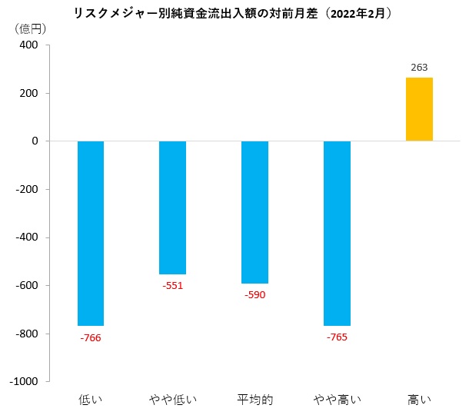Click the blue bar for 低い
(91, 233)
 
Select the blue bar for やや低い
(172, 207)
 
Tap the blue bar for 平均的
(254, 212)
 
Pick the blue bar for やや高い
(337, 233)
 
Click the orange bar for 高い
(419, 109)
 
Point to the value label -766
(91, 337)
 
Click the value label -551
(172, 286)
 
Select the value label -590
(254, 295)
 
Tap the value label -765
(337, 337)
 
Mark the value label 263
(419, 68)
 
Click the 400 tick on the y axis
(28, 45)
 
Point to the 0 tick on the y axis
(35, 141)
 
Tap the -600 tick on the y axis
(26, 286)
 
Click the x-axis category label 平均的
(254, 400)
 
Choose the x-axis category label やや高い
(337, 400)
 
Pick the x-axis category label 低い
(91, 400)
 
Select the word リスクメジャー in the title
(113, 12)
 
